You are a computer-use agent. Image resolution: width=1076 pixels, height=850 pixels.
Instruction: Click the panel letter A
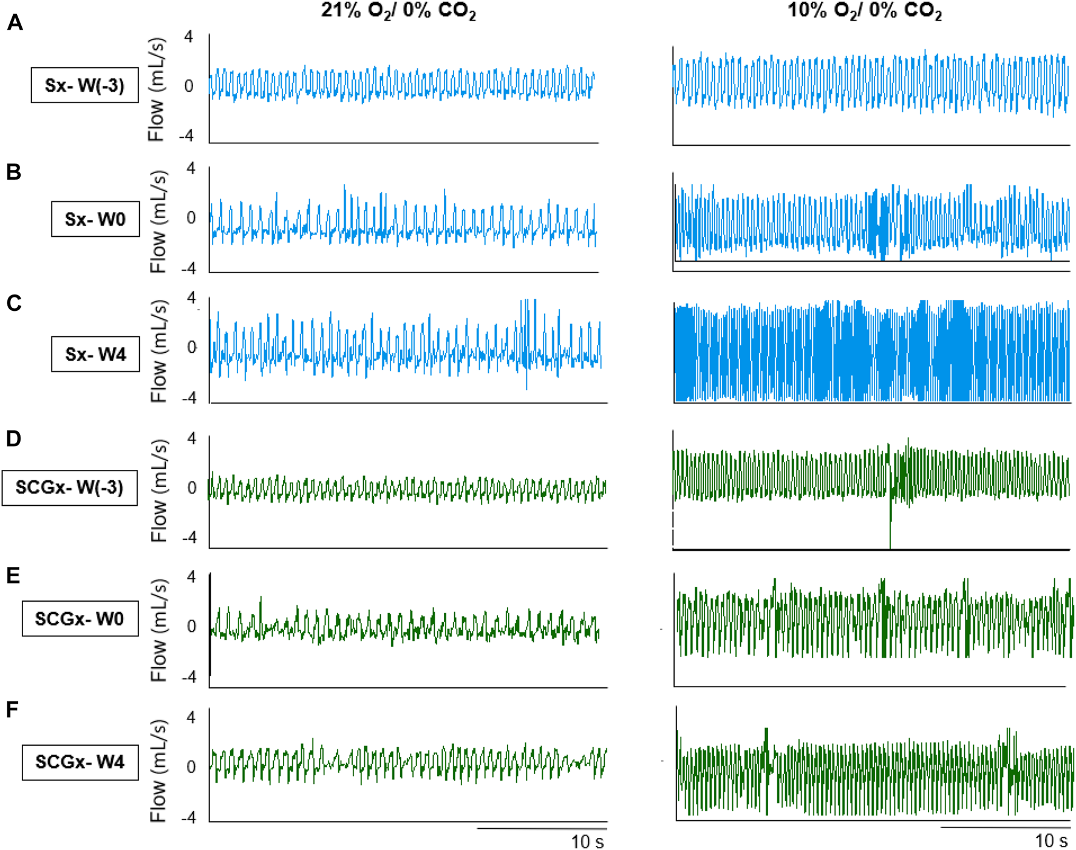15,23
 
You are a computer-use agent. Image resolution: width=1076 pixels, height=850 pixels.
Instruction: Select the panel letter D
13,438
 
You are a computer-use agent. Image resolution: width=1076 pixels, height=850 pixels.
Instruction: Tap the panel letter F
12,709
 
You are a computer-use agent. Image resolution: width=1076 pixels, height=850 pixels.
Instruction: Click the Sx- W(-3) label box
84,85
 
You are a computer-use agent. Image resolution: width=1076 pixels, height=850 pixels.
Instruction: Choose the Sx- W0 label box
95,219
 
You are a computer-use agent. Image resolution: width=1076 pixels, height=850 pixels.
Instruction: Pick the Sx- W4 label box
95,354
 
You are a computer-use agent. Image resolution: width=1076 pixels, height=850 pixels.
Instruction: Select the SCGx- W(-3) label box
69,488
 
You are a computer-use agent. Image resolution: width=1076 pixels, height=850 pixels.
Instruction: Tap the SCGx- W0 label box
80,619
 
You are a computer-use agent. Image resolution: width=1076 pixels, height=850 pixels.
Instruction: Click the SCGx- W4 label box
80,762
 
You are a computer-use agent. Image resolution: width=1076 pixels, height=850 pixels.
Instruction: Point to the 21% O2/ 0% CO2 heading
398,11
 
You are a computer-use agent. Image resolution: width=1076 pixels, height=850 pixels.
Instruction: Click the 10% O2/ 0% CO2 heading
864,11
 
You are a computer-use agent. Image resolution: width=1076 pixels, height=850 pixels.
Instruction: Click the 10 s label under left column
587,841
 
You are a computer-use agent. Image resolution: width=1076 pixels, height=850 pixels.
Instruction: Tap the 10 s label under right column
1051,841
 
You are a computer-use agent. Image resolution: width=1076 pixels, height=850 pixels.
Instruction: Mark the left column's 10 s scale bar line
542,828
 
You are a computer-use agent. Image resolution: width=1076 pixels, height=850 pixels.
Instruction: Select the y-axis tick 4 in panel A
189,37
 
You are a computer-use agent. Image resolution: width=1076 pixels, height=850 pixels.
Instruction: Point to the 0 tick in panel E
191,627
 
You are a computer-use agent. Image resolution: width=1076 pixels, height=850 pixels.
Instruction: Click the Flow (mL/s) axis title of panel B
158,222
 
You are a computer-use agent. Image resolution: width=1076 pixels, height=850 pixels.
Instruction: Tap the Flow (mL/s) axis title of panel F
158,771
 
